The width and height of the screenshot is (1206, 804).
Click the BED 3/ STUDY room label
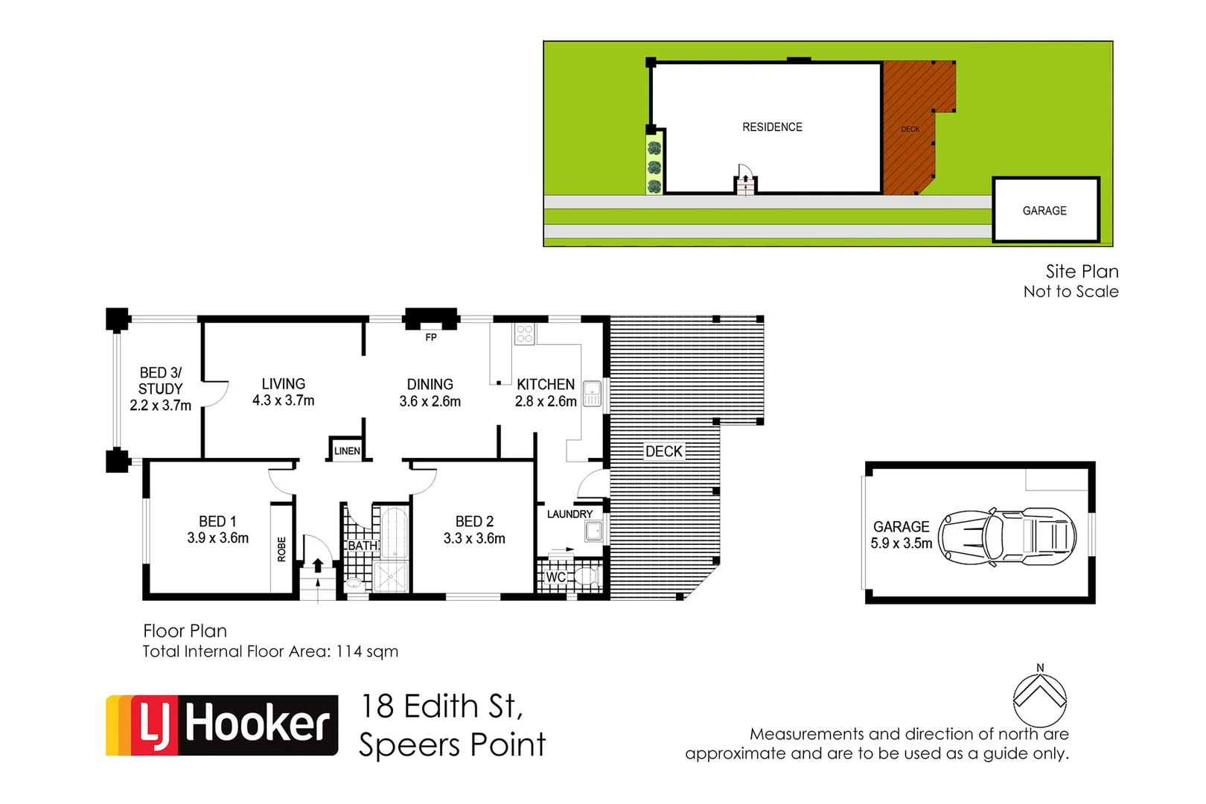point(160,389)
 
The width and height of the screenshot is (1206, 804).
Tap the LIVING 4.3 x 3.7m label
point(283,392)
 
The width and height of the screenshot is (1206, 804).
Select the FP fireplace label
point(430,337)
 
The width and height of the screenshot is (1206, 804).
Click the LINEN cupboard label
point(347,451)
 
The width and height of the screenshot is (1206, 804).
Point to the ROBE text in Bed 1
point(281,549)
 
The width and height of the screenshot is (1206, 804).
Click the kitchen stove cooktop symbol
point(524,334)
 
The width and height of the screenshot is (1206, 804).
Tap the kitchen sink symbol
point(592,393)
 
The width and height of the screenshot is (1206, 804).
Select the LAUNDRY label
point(569,514)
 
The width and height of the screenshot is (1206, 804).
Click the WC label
point(555,577)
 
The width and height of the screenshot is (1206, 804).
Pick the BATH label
point(363,546)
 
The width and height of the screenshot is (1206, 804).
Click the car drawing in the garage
point(1006,536)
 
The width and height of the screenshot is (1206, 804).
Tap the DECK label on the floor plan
point(663,451)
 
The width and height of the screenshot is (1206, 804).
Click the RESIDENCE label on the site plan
point(772,127)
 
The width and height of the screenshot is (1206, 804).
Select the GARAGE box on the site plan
point(1045,210)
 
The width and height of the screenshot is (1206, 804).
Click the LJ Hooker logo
point(222,725)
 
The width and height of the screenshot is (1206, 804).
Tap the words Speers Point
point(452,745)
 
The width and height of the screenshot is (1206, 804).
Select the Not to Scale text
point(1071,292)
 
